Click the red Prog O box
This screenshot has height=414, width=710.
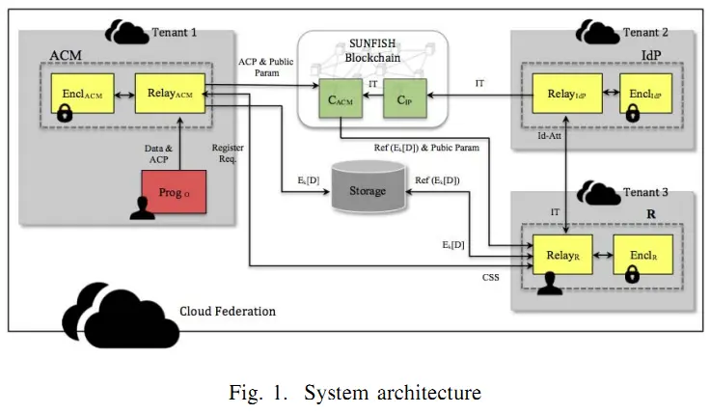(x=174, y=192)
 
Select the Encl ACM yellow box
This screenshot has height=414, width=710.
(x=82, y=94)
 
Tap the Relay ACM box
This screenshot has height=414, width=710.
(x=170, y=94)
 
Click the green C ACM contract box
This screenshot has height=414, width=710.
(x=341, y=98)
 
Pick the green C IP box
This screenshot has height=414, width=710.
(x=405, y=98)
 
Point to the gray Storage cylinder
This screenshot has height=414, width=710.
(x=369, y=186)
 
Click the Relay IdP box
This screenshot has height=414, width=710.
(x=567, y=94)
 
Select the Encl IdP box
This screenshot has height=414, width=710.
(x=645, y=94)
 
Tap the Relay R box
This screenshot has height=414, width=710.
(x=562, y=255)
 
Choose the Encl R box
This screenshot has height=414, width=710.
(x=643, y=255)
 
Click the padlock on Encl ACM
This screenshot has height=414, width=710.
(x=65, y=113)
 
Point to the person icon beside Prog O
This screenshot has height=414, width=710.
(x=142, y=208)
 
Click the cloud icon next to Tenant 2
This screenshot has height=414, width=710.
(x=597, y=32)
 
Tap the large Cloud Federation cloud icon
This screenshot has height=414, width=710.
(x=121, y=316)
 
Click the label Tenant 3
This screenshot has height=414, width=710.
(x=645, y=192)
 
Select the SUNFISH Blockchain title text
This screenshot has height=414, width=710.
(x=372, y=51)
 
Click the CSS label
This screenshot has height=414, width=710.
(x=490, y=277)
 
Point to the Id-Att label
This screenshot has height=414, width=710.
(x=549, y=135)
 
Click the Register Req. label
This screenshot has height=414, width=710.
(x=228, y=153)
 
